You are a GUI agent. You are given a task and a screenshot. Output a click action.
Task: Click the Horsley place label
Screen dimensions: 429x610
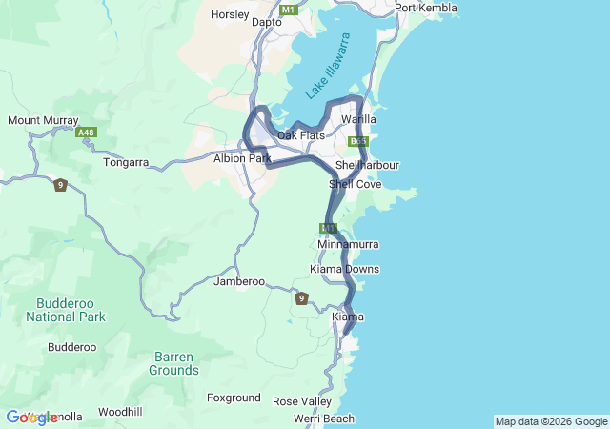pyautogui.click(x=230, y=15)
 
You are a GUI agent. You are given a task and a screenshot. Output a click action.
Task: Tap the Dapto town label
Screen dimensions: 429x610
pyautogui.click(x=266, y=21)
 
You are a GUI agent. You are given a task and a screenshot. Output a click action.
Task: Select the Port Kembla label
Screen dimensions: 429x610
pyautogui.click(x=425, y=9)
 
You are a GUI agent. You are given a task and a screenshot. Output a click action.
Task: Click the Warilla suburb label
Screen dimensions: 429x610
pyautogui.click(x=358, y=119)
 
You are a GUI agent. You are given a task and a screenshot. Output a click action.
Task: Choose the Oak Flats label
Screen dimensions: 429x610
pyautogui.click(x=300, y=135)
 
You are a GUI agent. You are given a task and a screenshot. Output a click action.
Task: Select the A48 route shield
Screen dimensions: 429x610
pyautogui.click(x=87, y=133)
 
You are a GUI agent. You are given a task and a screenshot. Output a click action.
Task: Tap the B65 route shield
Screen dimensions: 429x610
pyautogui.click(x=357, y=141)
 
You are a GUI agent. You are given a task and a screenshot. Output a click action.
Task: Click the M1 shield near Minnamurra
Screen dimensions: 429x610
pyautogui.click(x=329, y=228)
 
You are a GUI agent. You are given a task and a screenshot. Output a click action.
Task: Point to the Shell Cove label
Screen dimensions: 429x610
pyautogui.click(x=355, y=184)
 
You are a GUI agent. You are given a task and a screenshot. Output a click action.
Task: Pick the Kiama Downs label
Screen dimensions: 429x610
pyautogui.click(x=345, y=269)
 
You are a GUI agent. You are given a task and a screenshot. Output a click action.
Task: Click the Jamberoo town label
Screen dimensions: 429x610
pyautogui.click(x=238, y=281)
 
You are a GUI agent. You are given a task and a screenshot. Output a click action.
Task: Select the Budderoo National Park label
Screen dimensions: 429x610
pyautogui.click(x=65, y=309)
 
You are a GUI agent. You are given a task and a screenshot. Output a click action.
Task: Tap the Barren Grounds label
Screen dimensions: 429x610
pyautogui.click(x=173, y=363)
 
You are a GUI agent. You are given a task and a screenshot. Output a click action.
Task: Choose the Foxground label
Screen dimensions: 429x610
pyautogui.click(x=234, y=398)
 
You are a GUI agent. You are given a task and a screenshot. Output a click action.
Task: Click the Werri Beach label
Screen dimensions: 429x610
pyautogui.click(x=324, y=419)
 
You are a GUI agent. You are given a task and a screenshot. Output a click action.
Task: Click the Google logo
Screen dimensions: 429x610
pyautogui.click(x=30, y=418)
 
